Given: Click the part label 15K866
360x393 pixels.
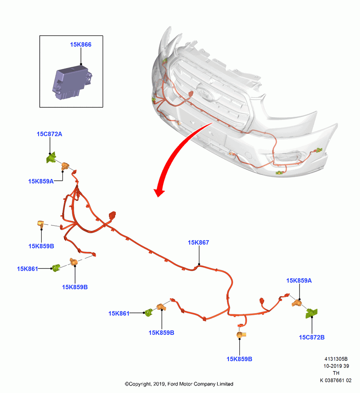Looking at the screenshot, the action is click(81, 45).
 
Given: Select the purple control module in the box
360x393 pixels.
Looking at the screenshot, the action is click(72, 82).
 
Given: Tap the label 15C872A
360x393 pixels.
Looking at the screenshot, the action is click(50, 134).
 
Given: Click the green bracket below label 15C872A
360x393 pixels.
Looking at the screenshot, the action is click(51, 158).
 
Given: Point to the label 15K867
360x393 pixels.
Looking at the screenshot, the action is click(198, 242).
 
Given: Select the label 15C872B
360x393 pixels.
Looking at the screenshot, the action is click(312, 337).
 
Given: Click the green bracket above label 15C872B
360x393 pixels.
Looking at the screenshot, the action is click(312, 313).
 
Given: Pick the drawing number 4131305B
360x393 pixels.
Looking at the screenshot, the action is click(336, 359).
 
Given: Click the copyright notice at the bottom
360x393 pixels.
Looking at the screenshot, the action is click(179, 384).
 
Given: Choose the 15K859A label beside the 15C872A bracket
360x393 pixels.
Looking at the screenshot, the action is click(41, 181).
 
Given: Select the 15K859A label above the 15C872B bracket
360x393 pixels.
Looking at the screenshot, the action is click(299, 281).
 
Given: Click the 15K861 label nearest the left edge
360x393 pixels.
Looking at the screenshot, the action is click(28, 269).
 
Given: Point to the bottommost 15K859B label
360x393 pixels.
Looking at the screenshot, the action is click(239, 359).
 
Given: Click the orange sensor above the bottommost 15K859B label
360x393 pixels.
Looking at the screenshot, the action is click(241, 334).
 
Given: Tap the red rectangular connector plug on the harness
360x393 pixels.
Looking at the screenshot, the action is click(112, 215).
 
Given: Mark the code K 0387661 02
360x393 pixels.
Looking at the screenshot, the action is click(336, 380).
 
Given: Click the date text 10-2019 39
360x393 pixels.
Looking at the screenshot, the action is click(336, 366).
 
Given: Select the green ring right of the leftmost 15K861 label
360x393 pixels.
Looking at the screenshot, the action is click(56, 268).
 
